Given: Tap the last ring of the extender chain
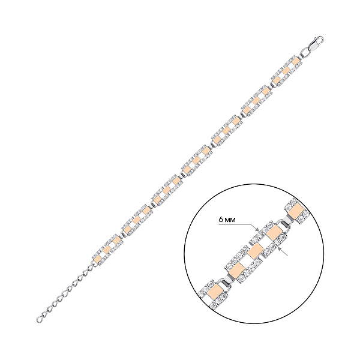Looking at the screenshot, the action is tap(40, 319).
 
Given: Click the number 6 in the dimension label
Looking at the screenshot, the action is tap(221, 220).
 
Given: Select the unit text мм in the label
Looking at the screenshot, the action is tap(230, 220).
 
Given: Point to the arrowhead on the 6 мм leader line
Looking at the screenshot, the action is tap(257, 229).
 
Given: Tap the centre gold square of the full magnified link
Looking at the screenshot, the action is tap(255, 251).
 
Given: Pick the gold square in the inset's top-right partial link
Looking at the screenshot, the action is tap(296, 210).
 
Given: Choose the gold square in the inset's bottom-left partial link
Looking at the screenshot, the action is tap(215, 292).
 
